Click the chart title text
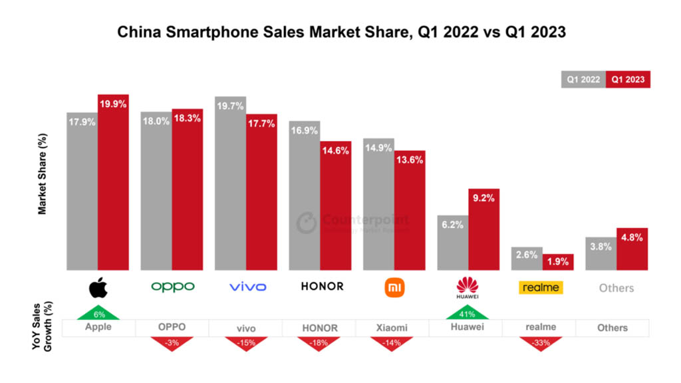(x=341, y=32)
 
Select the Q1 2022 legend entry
(x=583, y=80)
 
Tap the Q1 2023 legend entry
(x=628, y=80)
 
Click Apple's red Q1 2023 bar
(x=113, y=182)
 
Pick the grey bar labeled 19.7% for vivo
(x=230, y=184)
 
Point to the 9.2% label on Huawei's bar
(x=484, y=198)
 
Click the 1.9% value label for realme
(x=558, y=261)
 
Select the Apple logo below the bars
(x=98, y=287)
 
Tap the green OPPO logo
(x=173, y=287)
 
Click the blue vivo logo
(x=247, y=287)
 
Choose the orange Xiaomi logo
(x=394, y=287)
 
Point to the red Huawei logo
(x=468, y=287)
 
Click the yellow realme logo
(x=541, y=287)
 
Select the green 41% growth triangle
(x=468, y=314)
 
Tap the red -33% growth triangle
(x=541, y=343)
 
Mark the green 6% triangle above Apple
(x=98, y=314)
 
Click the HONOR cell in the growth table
(x=319, y=328)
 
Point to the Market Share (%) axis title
(x=42, y=174)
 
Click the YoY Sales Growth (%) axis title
(x=42, y=326)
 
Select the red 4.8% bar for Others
(x=632, y=249)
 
